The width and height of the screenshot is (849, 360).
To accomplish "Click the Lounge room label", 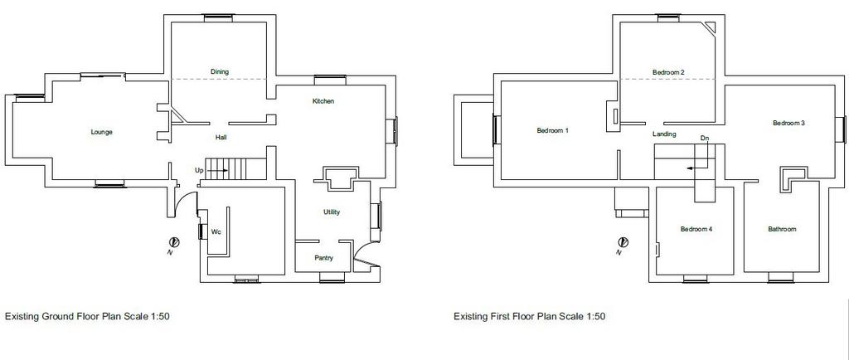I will pyautogui.click(x=101, y=132).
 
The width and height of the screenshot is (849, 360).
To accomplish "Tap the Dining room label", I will pyautogui.click(x=219, y=72).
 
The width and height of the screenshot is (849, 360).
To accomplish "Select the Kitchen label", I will pyautogui.click(x=323, y=101).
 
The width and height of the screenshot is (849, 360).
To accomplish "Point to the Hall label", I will pyautogui.click(x=221, y=138).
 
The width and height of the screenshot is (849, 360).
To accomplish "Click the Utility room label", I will pyautogui.click(x=332, y=212).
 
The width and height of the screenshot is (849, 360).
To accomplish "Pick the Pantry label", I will pyautogui.click(x=324, y=258).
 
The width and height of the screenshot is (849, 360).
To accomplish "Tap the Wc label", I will pyautogui.click(x=215, y=231).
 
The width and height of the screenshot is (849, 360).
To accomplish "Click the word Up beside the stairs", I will pyautogui.click(x=199, y=170).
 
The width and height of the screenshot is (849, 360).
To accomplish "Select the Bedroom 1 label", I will pyautogui.click(x=552, y=131).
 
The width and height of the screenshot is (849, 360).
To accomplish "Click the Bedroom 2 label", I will pyautogui.click(x=667, y=73).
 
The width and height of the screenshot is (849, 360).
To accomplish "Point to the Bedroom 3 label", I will pyautogui.click(x=788, y=123).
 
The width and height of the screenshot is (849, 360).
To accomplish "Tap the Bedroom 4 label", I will pyautogui.click(x=696, y=229).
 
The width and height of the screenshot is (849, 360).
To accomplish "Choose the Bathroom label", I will pyautogui.click(x=782, y=229).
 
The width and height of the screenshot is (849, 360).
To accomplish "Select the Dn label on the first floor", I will pyautogui.click(x=704, y=138).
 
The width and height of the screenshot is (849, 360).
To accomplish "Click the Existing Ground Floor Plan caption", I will pyautogui.click(x=88, y=316).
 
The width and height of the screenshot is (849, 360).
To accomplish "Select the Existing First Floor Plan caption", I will pyautogui.click(x=530, y=316).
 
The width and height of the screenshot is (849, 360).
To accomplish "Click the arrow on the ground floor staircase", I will pyautogui.click(x=216, y=170).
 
